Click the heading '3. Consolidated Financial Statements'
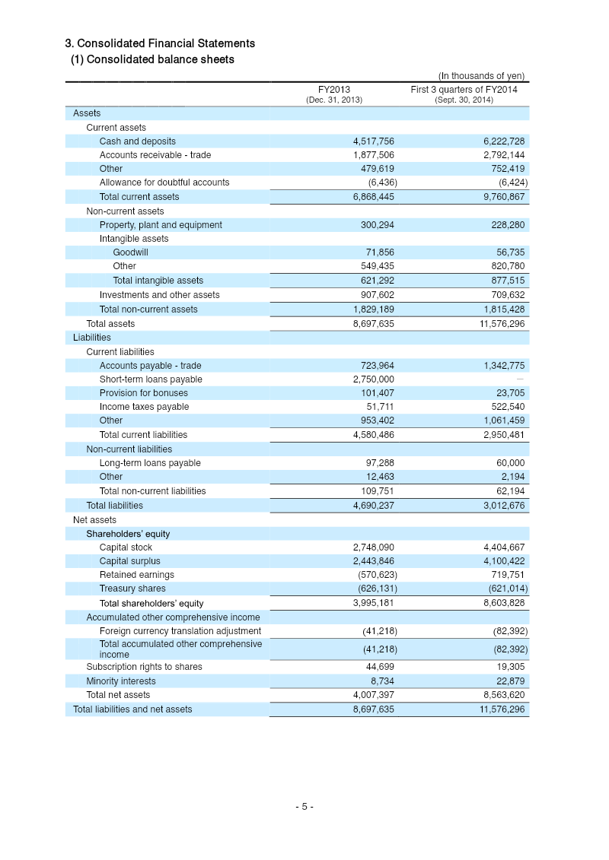[x=160, y=43]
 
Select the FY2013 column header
[x=334, y=89]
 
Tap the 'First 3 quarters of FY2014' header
[x=464, y=89]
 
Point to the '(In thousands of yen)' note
[x=481, y=75]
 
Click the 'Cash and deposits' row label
[x=137, y=141]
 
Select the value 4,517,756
[x=373, y=141]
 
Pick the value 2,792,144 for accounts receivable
[x=504, y=155]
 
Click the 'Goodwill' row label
[x=130, y=252]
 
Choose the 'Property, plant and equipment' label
[x=161, y=225]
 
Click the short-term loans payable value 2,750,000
[x=373, y=379]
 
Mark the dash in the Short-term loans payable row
[x=520, y=379]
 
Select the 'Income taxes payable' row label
[x=144, y=407]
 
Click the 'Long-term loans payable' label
[x=150, y=463]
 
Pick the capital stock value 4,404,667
[x=504, y=547]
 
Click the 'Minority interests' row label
[x=120, y=681]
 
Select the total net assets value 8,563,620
[x=504, y=695]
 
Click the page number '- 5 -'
[x=304, y=807]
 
